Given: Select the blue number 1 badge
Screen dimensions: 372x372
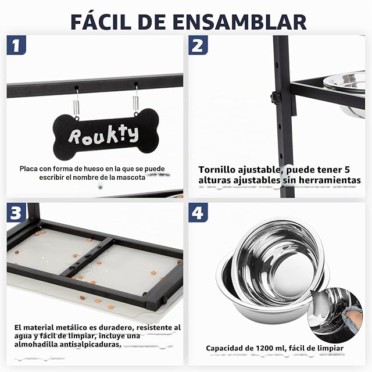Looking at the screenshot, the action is (16, 45).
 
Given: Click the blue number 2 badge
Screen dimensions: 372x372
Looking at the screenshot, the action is (198, 45).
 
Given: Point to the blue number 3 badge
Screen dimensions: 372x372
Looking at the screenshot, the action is (16, 212).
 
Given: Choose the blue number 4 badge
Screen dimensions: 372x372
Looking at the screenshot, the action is (198, 212).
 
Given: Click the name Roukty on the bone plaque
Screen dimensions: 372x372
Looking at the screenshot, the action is (103, 136).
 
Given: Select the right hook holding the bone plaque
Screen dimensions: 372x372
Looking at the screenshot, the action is (135, 99).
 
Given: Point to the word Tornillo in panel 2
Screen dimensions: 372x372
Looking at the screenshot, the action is (217, 170).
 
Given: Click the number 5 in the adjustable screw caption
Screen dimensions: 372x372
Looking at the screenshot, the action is (347, 170).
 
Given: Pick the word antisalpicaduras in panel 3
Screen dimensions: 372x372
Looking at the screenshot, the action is (90, 344).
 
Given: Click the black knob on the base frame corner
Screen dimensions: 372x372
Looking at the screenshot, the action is (164, 300).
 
